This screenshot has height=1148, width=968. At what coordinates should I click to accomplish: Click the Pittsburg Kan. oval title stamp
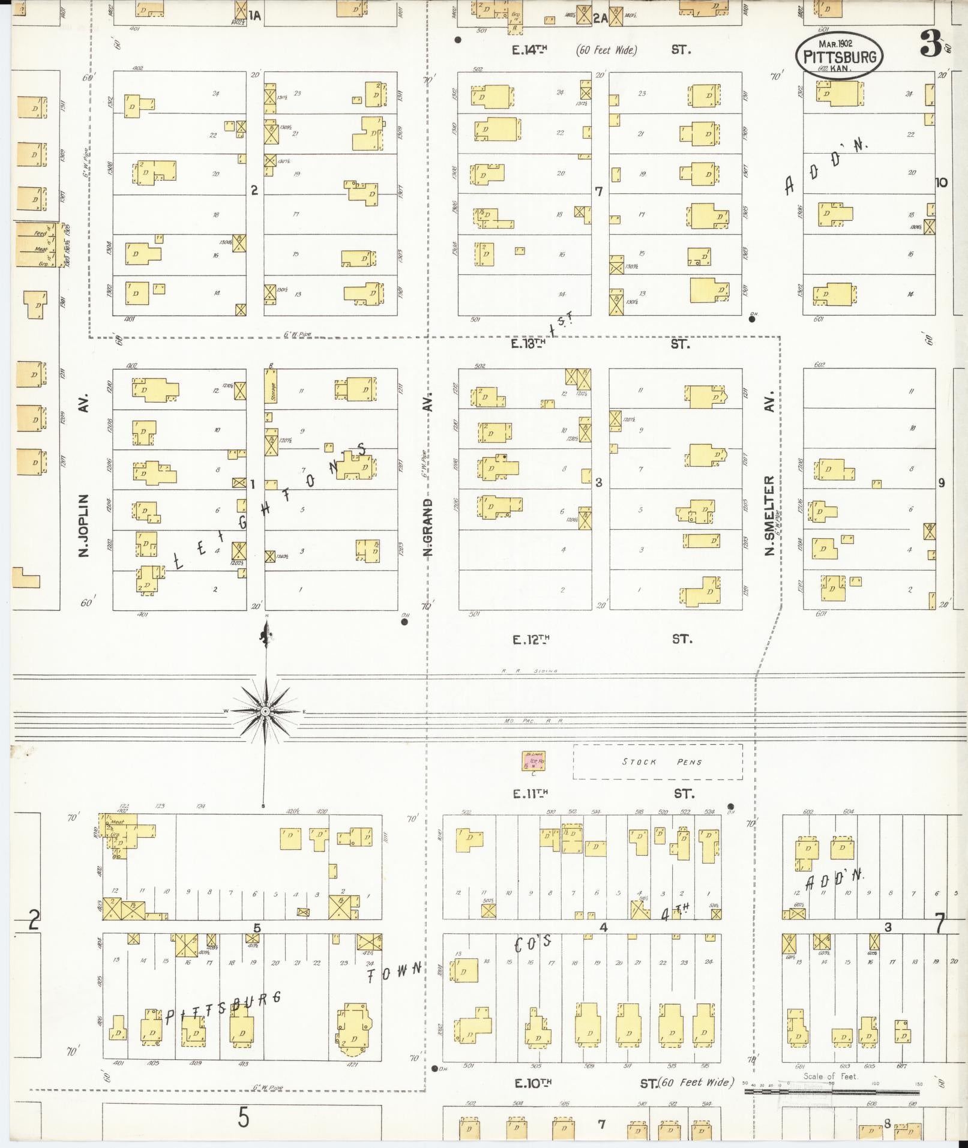click(x=840, y=56)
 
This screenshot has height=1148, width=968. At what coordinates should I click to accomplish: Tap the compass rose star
click(x=265, y=711)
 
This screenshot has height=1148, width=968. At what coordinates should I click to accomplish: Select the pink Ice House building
click(x=533, y=762)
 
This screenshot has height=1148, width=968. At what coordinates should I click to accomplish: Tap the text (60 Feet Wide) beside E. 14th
click(x=606, y=50)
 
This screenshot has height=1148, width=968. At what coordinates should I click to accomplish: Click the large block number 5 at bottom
click(x=242, y=1117)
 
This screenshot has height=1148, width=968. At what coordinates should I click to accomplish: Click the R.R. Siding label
click(x=529, y=671)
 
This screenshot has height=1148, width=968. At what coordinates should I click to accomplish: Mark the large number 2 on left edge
click(x=34, y=919)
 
